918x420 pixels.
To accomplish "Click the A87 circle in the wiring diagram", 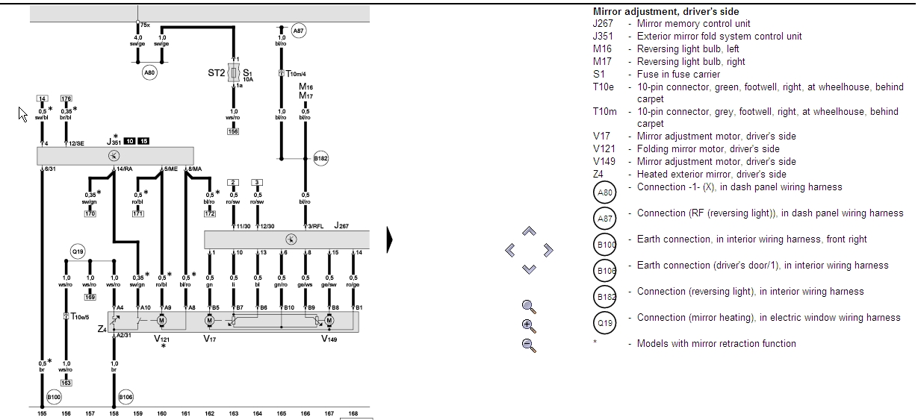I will [298, 31].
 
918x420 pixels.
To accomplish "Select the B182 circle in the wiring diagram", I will [321, 158].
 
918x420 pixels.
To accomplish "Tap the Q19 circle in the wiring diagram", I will [78, 252].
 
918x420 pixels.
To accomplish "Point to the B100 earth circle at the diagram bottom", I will [54, 397].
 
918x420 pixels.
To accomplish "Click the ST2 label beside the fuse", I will [216, 73].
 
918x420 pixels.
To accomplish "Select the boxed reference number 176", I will [66, 98].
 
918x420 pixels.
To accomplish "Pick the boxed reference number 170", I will [90, 214].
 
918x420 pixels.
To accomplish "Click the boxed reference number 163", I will [66, 383].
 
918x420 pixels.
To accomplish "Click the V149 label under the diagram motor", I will [329, 339].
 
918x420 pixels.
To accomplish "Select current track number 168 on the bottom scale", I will [353, 413].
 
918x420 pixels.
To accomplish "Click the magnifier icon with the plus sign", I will [529, 325].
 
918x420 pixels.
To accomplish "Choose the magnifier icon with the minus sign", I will [529, 345].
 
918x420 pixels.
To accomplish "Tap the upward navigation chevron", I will [529, 232].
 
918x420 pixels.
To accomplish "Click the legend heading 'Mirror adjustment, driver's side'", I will [666, 11].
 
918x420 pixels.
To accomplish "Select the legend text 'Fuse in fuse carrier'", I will [678, 74].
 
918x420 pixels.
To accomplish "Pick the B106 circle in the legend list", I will [605, 271].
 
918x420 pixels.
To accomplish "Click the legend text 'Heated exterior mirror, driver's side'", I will [711, 174].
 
